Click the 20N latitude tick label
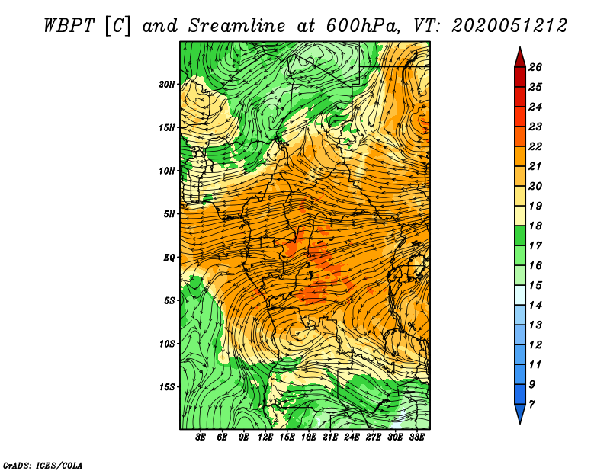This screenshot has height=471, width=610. click(x=166, y=85)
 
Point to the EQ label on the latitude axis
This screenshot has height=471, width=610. click(x=169, y=258)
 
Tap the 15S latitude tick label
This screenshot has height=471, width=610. click(x=166, y=387)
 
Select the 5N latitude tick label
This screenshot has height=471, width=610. click(x=169, y=214)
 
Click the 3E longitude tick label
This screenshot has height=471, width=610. click(x=201, y=437)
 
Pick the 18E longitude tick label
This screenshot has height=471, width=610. click(x=309, y=437)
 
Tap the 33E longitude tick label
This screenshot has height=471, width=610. click(x=416, y=437)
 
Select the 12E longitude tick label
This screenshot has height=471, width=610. click(x=265, y=437)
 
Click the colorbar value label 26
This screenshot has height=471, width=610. click(x=535, y=67)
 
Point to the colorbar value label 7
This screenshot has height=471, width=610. click(x=532, y=405)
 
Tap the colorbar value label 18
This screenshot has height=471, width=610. click(x=535, y=226)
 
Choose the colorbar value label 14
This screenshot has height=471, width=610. click(x=535, y=306)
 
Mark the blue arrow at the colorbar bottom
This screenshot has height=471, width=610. click(x=520, y=413)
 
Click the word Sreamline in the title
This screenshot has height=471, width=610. click(x=237, y=26)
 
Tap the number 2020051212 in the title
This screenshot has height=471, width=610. click(x=509, y=26)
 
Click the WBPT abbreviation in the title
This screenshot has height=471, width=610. click(x=69, y=26)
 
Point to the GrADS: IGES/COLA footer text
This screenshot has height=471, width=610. click(x=43, y=465)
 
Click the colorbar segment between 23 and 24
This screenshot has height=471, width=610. click(x=520, y=117)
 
